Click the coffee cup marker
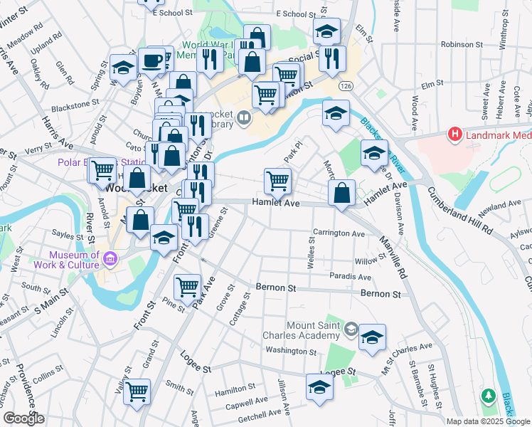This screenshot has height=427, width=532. click(151, 61)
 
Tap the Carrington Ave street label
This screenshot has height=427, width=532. click(339, 233)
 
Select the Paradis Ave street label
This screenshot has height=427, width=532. click(351, 277)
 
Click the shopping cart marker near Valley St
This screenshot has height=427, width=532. click(137, 391)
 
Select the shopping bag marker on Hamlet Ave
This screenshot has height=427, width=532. click(342, 192)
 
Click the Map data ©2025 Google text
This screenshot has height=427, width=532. click(488, 421)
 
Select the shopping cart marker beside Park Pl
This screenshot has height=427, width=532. click(277, 179)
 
